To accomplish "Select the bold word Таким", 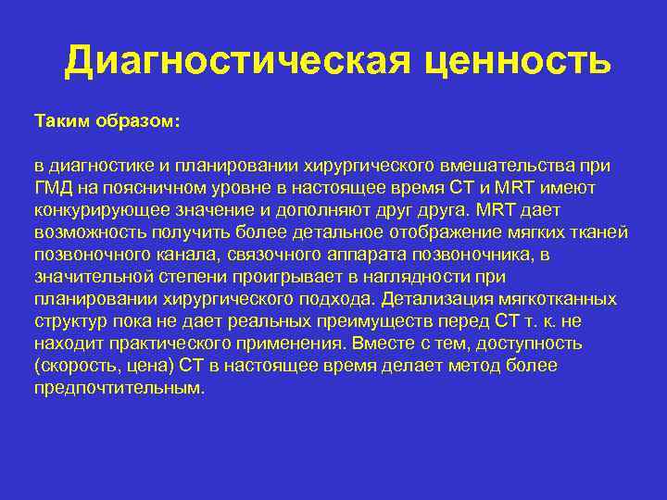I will [x=63, y=121].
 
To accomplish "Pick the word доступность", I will [x=529, y=344].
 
